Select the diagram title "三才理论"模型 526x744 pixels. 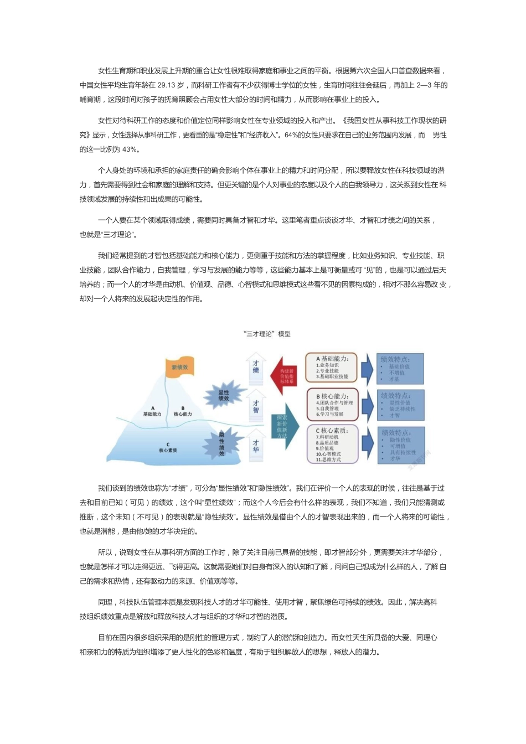click(x=267, y=334)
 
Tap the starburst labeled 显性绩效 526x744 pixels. click(x=224, y=395)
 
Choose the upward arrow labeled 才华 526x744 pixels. click(x=256, y=446)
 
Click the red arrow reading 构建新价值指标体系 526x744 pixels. click(x=286, y=376)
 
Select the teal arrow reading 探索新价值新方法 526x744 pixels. click(x=283, y=426)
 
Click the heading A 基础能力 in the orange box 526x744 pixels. click(x=332, y=359)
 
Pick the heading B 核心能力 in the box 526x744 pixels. click(x=332, y=396)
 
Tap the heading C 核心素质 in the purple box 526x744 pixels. click(x=332, y=431)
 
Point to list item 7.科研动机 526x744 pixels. click(x=327, y=437)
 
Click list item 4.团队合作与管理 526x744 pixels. click(x=334, y=403)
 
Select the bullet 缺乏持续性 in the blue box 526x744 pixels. click(x=403, y=409)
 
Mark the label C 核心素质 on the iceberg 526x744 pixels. click(x=168, y=447)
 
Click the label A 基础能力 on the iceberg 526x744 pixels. click(x=152, y=411)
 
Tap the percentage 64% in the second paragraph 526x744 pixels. click(x=291, y=135)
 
